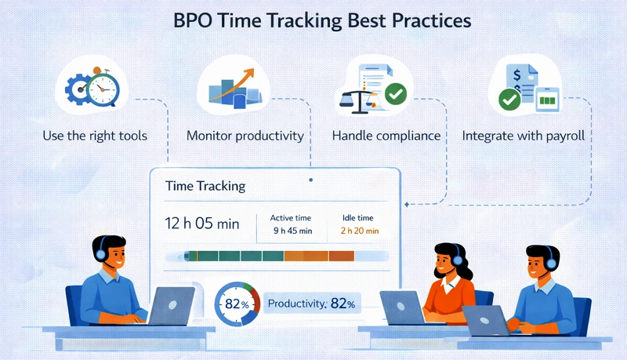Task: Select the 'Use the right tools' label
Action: tap(95, 136)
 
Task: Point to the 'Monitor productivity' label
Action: tap(245, 136)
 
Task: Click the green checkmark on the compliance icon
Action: tap(396, 95)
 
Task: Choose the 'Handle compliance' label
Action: tap(386, 136)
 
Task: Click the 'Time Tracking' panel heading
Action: tap(205, 187)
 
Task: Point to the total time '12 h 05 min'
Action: tap(203, 224)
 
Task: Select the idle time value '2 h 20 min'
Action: tap(360, 231)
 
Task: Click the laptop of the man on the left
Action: tap(171, 304)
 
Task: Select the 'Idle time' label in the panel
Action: tap(359, 217)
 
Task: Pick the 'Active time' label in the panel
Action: tap(291, 217)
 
